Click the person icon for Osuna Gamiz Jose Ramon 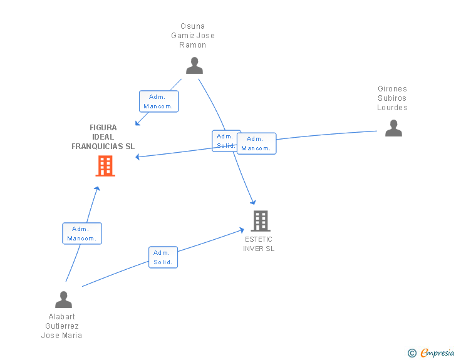[195, 66]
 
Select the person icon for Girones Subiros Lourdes [393, 128]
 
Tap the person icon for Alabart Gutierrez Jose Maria [63, 300]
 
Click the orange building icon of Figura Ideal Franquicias [105, 166]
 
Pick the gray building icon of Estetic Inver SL [261, 221]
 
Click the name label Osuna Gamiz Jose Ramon [193, 36]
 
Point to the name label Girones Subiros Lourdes [392, 98]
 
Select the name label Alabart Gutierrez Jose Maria [61, 326]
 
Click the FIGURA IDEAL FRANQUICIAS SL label [103, 137]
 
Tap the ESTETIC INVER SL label [259, 244]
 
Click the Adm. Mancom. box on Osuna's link [158, 101]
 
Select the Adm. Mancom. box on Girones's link [257, 143]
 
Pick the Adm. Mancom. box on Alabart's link [82, 234]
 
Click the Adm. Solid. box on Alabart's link [163, 257]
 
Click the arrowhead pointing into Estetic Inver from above [253, 202]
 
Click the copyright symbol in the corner [412, 353]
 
